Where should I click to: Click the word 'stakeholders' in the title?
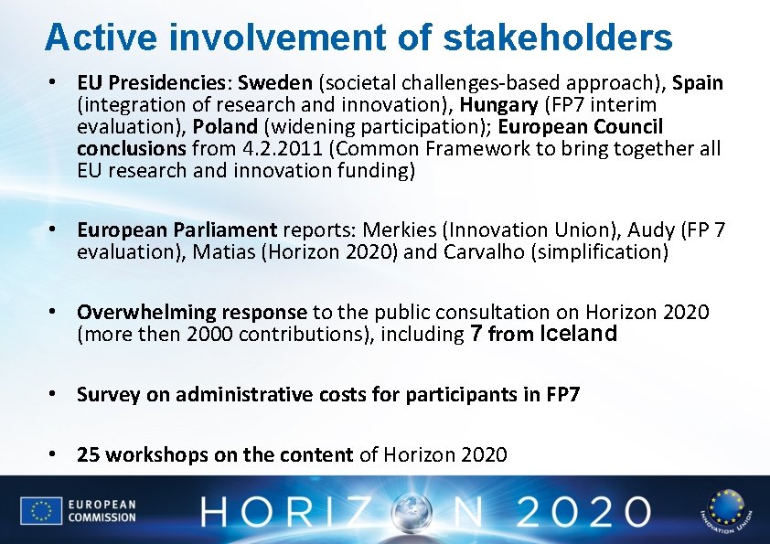point(558,37)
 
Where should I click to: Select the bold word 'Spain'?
point(698,83)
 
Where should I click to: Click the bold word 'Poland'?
point(220,126)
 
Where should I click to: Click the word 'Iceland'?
point(579,334)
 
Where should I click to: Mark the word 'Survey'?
point(107,394)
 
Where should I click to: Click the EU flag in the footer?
point(40,510)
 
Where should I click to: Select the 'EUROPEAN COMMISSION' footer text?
point(102,510)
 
